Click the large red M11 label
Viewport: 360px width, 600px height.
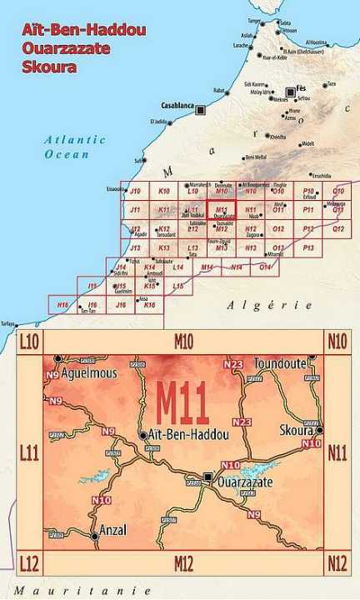tap(182, 405)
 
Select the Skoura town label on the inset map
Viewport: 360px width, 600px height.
tap(296, 430)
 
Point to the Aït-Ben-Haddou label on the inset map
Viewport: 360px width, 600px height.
tap(186, 435)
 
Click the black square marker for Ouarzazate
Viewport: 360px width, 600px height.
tap(207, 477)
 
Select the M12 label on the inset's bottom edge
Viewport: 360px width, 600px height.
tap(183, 563)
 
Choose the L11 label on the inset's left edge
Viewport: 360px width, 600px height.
tap(29, 453)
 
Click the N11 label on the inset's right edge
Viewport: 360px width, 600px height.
tap(337, 453)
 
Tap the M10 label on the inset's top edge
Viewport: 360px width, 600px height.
tap(183, 341)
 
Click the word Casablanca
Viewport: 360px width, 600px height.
tap(177, 107)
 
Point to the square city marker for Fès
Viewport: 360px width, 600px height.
tap(291, 92)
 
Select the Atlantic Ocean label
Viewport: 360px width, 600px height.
tap(75, 147)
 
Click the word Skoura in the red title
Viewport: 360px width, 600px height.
tap(51, 67)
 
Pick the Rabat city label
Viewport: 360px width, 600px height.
tap(219, 90)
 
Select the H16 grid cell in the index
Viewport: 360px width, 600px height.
tap(62, 306)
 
